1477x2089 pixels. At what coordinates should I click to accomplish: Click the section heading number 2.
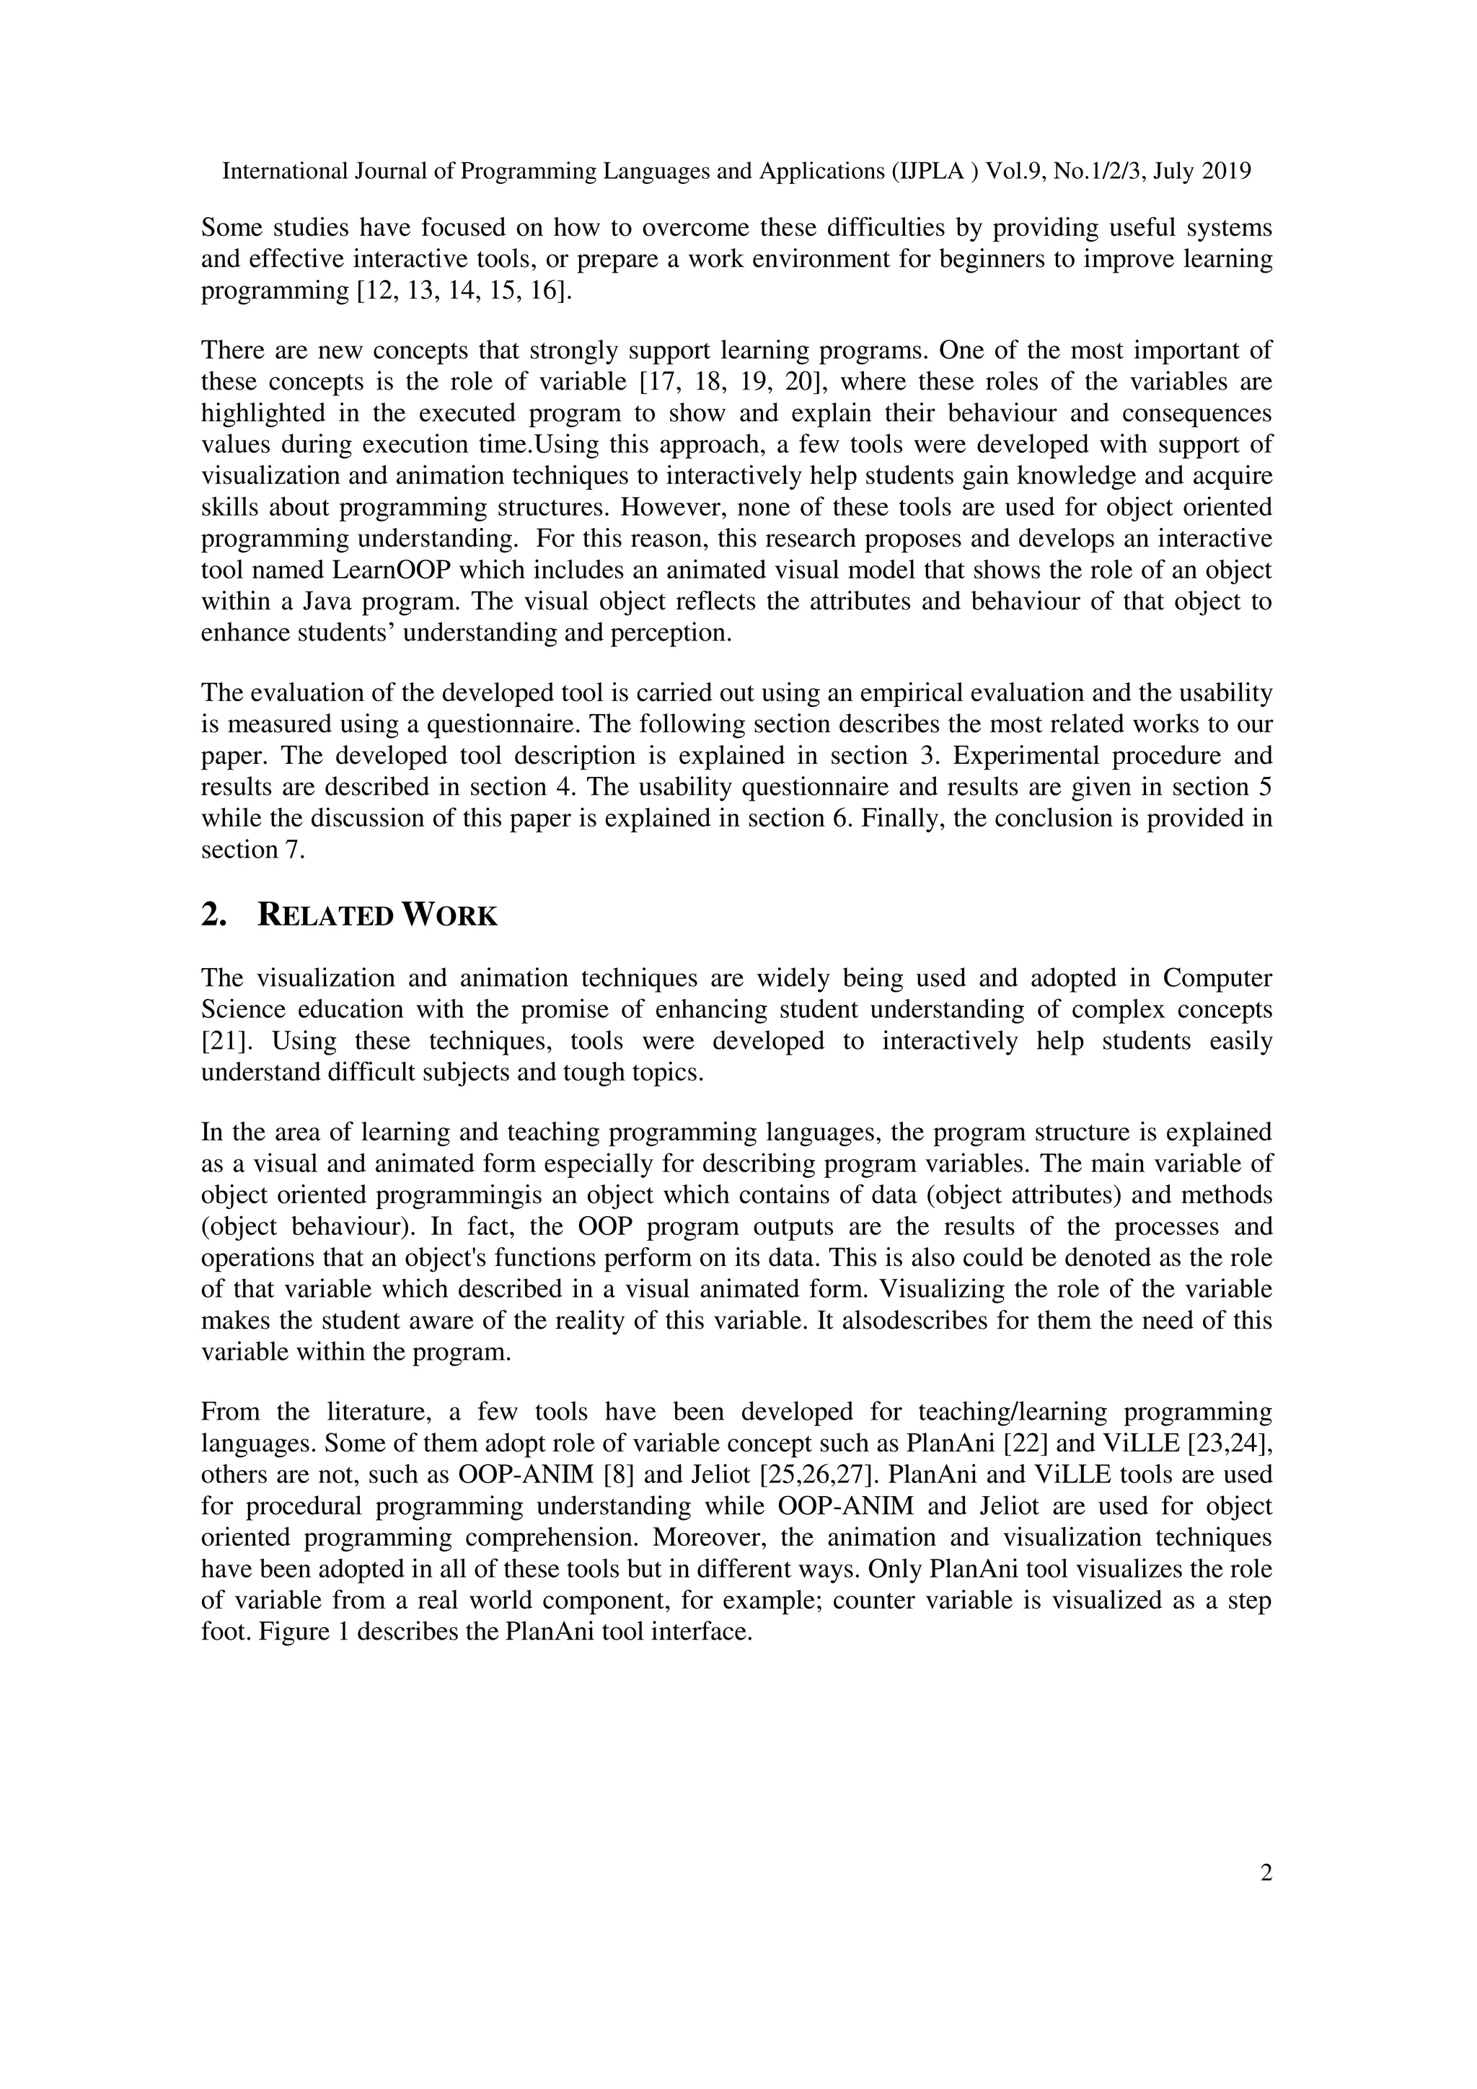[213, 915]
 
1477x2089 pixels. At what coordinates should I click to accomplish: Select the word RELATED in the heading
[325, 915]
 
